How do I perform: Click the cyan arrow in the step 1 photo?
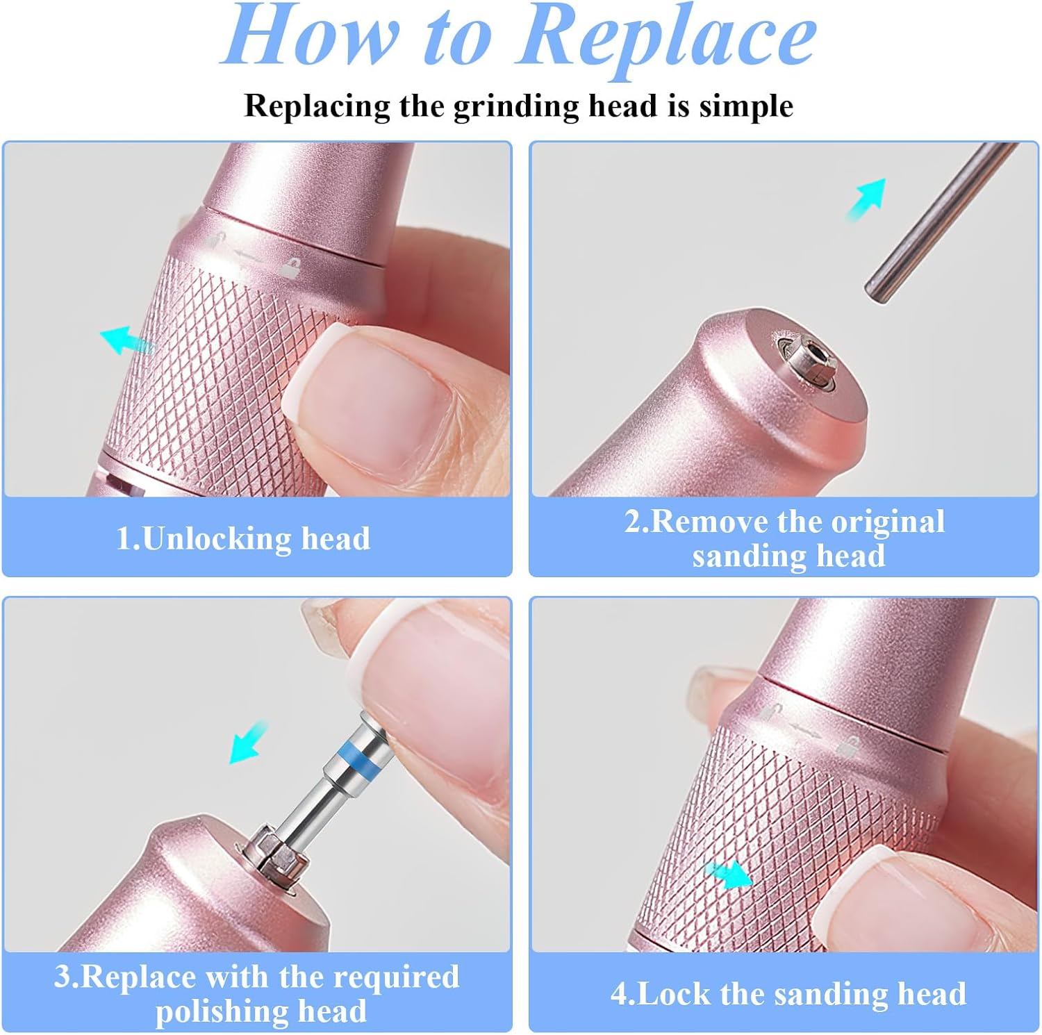(127, 339)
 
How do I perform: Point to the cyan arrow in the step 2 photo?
(867, 199)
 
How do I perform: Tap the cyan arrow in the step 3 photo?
(249, 742)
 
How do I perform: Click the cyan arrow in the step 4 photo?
(729, 874)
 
